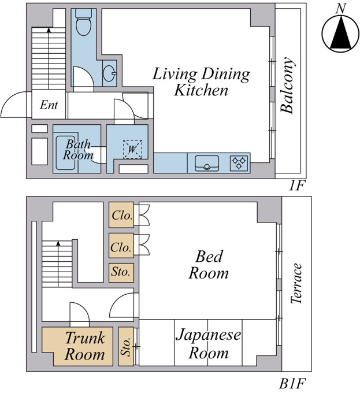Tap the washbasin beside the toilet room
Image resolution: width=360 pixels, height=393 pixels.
(x=109, y=73)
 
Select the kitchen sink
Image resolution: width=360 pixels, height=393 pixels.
(x=207, y=163)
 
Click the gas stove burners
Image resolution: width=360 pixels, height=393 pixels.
(x=239, y=162)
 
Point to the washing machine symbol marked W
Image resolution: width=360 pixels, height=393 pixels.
(x=132, y=149)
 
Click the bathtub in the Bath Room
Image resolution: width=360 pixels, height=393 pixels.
(x=66, y=153)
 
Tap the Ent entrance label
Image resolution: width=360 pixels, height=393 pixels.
(x=49, y=105)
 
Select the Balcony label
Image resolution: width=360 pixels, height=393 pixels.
(x=287, y=86)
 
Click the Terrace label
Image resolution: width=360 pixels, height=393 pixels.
(x=296, y=283)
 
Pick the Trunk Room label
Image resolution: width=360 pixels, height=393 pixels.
(x=85, y=346)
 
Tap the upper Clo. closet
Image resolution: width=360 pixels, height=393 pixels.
(x=121, y=215)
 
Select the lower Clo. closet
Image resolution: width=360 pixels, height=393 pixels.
(x=121, y=246)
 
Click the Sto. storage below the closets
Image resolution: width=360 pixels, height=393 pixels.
(x=121, y=272)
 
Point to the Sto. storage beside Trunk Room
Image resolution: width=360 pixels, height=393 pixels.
(x=126, y=346)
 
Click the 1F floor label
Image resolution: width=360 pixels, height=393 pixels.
(x=296, y=186)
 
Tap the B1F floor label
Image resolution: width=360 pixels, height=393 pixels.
(x=292, y=384)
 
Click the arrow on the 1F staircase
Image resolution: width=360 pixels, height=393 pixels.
(x=49, y=58)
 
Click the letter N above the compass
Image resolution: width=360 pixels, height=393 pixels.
(x=341, y=9)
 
